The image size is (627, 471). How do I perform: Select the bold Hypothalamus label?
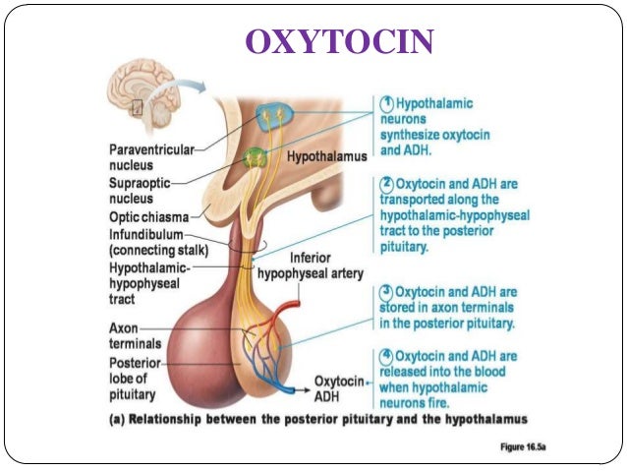point(326,156)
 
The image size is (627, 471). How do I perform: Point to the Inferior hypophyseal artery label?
point(311,265)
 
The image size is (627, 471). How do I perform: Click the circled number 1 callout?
point(386,103)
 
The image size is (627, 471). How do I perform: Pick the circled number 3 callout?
point(386,291)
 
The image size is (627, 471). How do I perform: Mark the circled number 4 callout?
point(386,356)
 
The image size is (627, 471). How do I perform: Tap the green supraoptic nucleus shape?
point(257,155)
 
